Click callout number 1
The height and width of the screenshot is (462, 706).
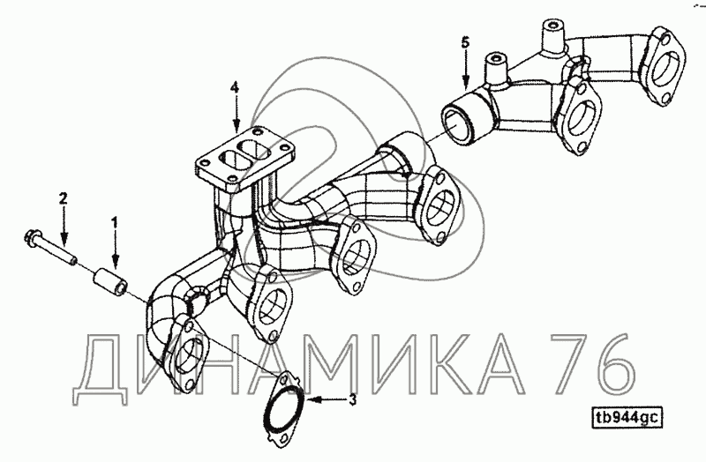(115, 222)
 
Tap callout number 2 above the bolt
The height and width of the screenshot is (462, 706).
(63, 197)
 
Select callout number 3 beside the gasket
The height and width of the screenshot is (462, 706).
(352, 399)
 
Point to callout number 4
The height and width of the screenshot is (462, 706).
(235, 87)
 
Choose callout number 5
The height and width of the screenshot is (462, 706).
(465, 42)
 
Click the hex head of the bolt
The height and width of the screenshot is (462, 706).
(31, 236)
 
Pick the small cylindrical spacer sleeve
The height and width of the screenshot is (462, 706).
(109, 282)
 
